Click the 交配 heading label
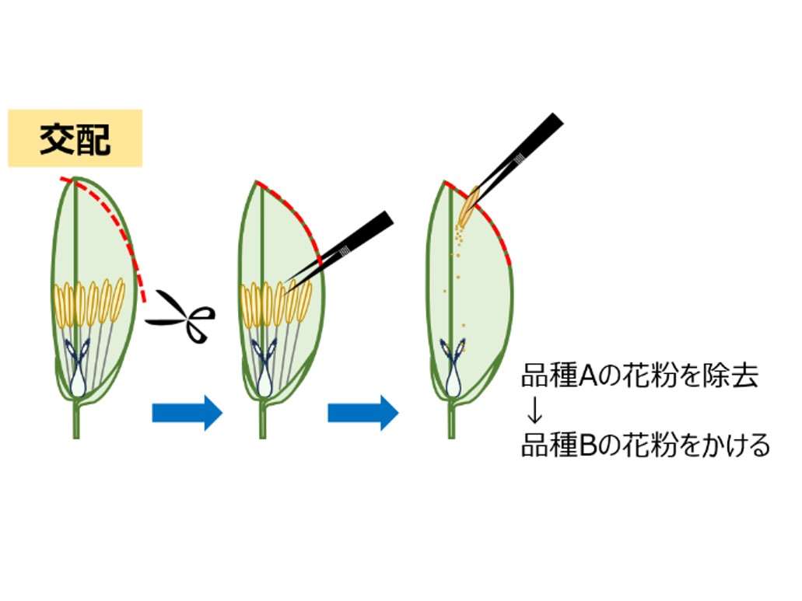(75, 139)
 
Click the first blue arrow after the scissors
(187, 412)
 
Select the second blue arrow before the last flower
(363, 412)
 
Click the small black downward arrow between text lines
(534, 411)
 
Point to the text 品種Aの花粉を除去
(639, 376)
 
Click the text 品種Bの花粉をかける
(646, 445)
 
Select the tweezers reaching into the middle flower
(340, 251)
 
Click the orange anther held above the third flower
(468, 207)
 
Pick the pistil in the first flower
(78, 367)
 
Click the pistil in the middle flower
(264, 367)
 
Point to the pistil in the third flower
(454, 367)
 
